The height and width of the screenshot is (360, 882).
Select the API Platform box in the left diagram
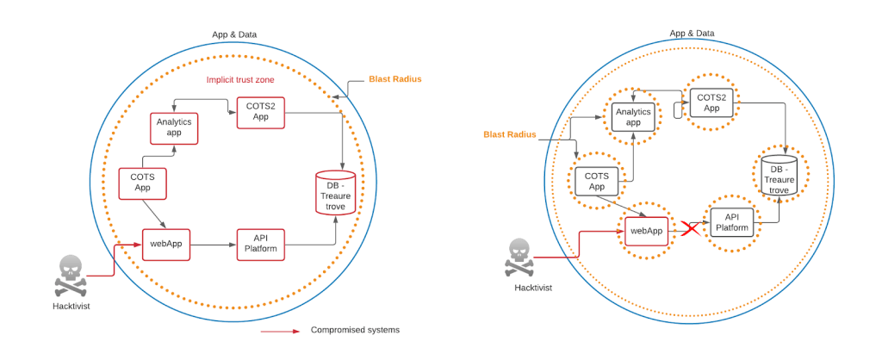pos(260,244)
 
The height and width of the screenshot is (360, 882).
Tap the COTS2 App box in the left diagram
pos(260,113)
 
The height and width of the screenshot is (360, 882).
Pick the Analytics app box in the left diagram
pos(174,128)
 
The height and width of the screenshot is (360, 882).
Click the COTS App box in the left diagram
pos(142,182)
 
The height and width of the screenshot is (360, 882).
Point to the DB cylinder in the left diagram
pos(335,194)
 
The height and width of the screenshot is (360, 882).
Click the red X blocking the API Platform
pos(690,229)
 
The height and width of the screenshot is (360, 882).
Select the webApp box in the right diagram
pos(647,231)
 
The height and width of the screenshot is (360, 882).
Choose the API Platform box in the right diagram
pos(733,223)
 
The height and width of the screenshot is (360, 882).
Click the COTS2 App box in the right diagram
pos(711,103)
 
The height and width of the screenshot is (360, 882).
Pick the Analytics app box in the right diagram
pos(633,115)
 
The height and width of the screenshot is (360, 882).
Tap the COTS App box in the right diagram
pos(598,181)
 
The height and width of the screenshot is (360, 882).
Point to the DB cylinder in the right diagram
pos(779,175)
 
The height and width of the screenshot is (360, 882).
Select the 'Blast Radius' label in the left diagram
pos(395,79)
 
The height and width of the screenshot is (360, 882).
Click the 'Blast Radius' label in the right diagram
pos(510,134)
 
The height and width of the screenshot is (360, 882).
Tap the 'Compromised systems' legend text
pos(355,330)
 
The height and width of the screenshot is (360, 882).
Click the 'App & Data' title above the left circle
pos(234,34)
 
